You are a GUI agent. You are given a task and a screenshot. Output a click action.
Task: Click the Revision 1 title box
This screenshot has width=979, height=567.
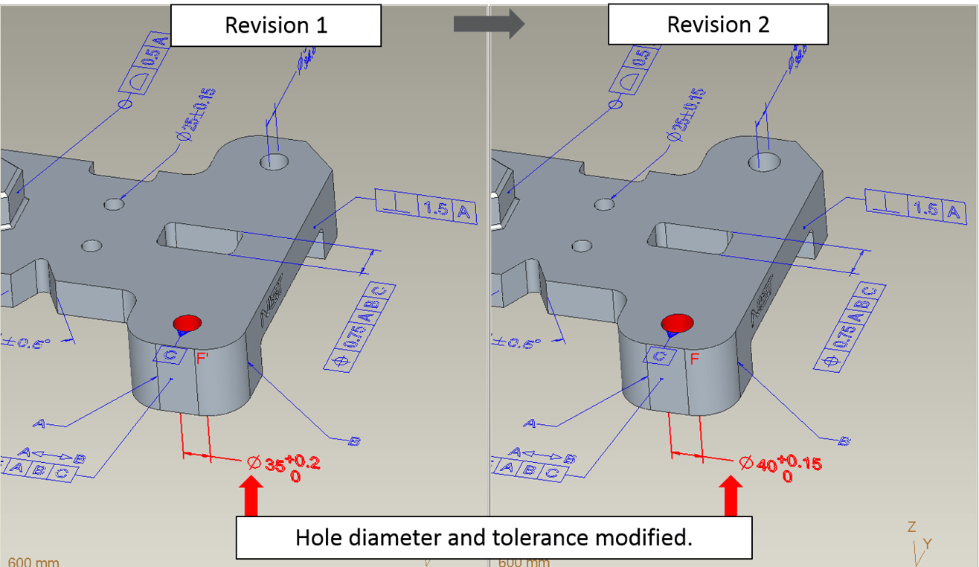coord(276,25)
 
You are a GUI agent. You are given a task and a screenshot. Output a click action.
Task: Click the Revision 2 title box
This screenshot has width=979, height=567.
coord(718,25)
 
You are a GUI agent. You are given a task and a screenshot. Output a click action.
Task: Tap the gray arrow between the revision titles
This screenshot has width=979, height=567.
coord(489,24)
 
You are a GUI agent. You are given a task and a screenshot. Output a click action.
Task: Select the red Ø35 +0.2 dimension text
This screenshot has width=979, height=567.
coord(284,467)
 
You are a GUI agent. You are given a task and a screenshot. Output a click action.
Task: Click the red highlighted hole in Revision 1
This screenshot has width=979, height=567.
coord(187,323)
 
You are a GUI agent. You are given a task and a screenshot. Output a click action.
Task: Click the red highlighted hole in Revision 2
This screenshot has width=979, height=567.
coord(677,322)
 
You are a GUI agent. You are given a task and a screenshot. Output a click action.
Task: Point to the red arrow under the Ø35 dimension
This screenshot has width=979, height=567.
coord(251,497)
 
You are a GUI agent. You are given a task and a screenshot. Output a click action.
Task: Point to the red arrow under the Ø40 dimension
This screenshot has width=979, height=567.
coord(731,497)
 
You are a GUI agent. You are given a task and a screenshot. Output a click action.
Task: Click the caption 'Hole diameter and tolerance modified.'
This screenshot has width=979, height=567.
coord(493,537)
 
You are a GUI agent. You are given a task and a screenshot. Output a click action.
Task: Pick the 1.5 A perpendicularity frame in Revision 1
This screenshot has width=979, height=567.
coord(426,207)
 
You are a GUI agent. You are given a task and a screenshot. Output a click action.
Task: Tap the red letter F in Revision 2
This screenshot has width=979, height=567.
coord(693,359)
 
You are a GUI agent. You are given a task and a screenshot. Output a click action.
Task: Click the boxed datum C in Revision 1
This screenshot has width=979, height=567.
coord(170,355)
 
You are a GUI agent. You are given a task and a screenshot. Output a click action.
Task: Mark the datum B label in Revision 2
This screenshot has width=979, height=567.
coord(844,441)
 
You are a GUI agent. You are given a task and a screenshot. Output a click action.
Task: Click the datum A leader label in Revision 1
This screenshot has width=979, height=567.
coord(39,423)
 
